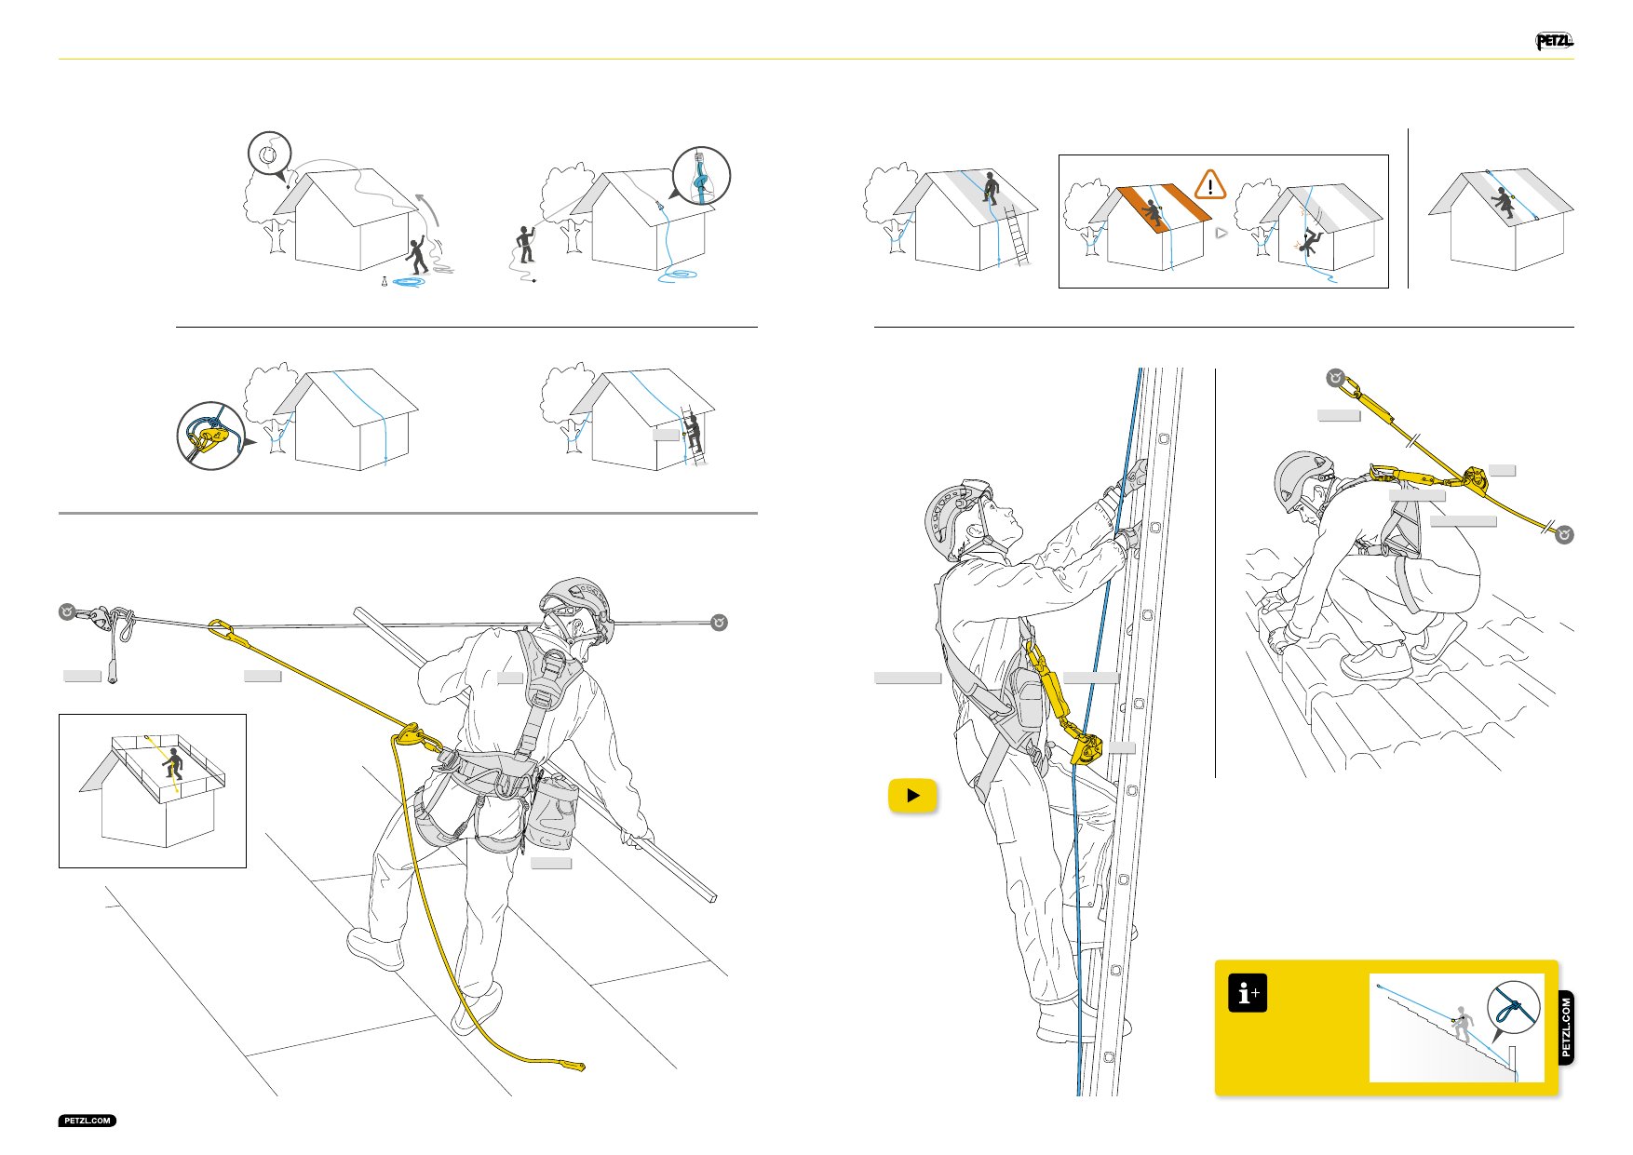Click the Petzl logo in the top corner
(1554, 41)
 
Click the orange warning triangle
(1210, 184)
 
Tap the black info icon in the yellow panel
(1248, 993)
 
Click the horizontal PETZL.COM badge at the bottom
(88, 1121)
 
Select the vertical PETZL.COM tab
(1566, 1027)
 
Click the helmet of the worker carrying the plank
(578, 600)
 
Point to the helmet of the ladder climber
(950, 517)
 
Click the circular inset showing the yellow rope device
(211, 436)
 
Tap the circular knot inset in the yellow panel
(1514, 1008)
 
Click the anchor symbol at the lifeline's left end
(67, 612)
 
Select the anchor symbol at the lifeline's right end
(719, 623)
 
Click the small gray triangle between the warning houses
(1221, 233)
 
